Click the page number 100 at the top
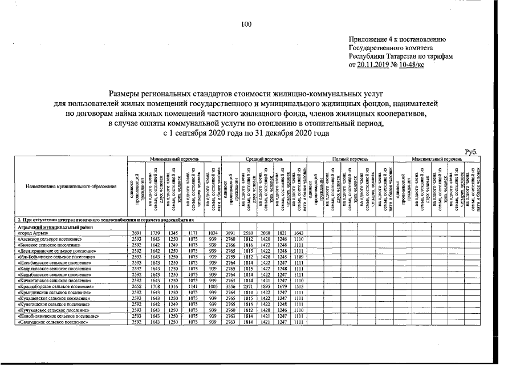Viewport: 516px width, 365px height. [246, 24]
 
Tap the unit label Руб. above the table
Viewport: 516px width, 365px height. [472, 151]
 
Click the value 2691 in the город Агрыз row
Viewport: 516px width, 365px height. [136, 234]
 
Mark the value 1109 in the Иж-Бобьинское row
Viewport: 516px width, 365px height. [298, 256]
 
